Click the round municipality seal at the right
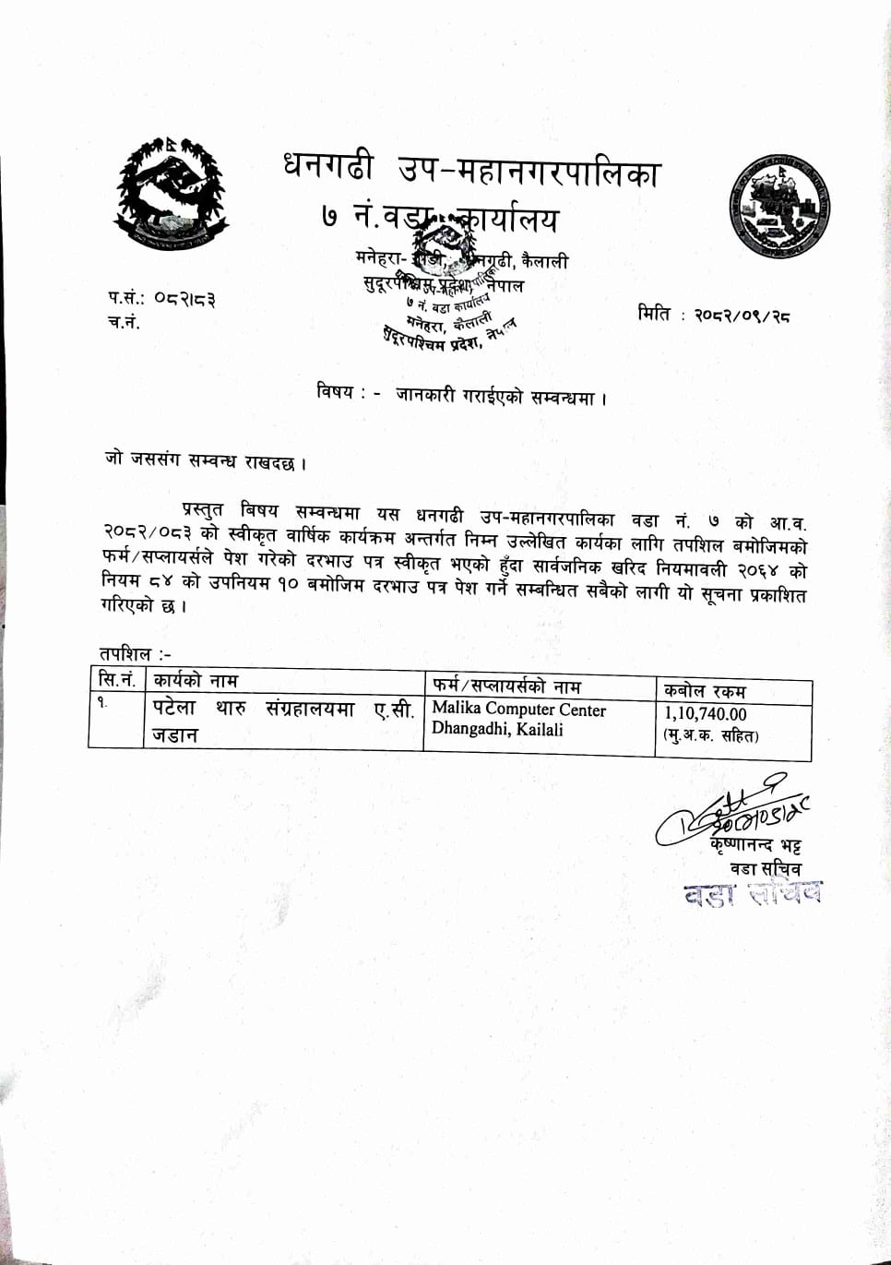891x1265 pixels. click(781, 208)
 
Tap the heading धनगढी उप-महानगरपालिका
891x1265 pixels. click(471, 170)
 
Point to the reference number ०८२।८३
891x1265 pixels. click(184, 299)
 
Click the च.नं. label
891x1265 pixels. click(124, 323)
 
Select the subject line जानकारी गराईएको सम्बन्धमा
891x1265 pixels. click(501, 396)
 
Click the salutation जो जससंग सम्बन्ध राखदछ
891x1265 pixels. click(205, 461)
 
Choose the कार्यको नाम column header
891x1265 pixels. click(196, 682)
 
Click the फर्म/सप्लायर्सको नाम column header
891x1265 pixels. click(506, 686)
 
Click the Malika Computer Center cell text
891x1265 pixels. click(518, 710)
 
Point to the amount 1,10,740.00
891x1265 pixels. click(706, 714)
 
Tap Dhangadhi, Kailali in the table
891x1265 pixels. click(497, 730)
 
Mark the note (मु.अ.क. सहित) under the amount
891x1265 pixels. click(710, 735)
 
